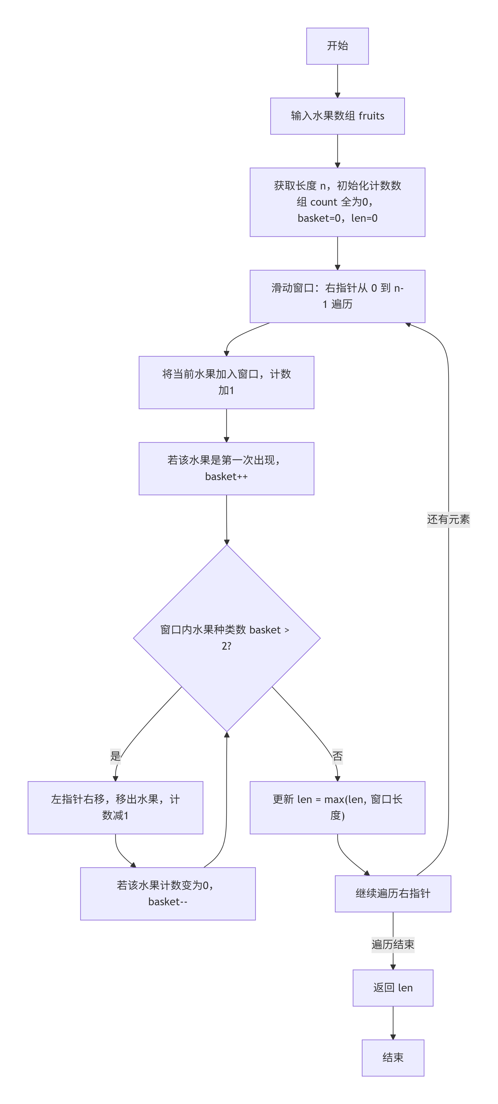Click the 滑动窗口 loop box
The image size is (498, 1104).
point(337,296)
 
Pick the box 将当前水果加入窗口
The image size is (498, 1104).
point(226,382)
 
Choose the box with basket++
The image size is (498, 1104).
point(226,468)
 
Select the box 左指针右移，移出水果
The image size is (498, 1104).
point(115,808)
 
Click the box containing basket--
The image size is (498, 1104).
point(168,894)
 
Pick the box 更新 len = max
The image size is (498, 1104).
point(337,808)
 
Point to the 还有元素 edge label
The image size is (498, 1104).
point(448,519)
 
